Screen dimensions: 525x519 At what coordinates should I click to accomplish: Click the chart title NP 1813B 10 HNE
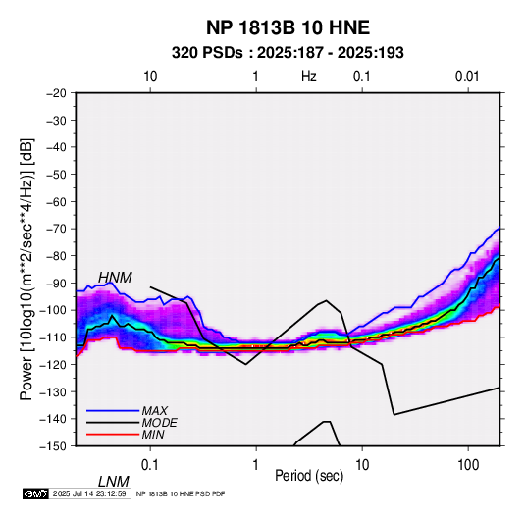[288, 27]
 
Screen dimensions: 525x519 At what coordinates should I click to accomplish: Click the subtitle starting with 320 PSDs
[288, 53]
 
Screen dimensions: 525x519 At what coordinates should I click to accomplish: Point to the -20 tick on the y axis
[56, 93]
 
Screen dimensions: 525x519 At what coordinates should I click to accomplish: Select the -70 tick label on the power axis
[56, 229]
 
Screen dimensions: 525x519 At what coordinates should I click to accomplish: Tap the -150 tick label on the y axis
[54, 446]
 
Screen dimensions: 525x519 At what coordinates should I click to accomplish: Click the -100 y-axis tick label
[54, 310]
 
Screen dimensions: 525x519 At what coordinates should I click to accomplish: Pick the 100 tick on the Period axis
[468, 465]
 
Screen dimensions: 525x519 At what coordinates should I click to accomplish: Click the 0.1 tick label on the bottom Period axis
[150, 465]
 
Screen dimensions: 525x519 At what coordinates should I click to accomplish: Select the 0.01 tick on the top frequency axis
[467, 77]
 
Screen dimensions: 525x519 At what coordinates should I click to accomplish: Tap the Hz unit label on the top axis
[309, 77]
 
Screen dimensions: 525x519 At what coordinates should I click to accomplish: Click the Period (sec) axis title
[309, 476]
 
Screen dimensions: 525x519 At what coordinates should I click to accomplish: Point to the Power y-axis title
[26, 269]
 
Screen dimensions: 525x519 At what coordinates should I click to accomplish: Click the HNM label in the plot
[115, 278]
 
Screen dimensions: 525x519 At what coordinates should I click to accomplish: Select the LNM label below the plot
[114, 482]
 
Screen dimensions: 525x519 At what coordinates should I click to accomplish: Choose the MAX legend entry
[155, 410]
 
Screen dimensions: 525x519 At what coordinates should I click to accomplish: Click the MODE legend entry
[159, 423]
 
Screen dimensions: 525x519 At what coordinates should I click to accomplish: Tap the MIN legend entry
[153, 435]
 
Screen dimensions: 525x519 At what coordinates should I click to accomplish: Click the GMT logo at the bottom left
[35, 493]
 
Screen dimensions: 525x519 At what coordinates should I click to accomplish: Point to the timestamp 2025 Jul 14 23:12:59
[89, 493]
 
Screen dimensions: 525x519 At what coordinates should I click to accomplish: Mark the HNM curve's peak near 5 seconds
[326, 300]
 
